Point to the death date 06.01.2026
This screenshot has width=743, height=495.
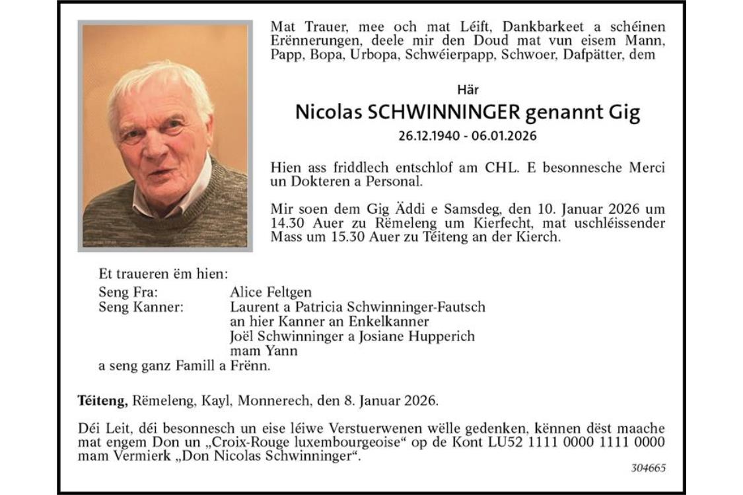tap(506, 137)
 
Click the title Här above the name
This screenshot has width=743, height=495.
tap(468, 89)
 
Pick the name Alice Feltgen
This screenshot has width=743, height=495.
tap(271, 292)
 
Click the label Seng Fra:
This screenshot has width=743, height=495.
tap(128, 292)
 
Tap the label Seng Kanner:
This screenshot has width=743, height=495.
tap(141, 307)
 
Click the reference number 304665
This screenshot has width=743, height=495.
tap(648, 468)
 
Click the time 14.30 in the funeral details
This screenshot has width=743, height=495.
tap(288, 223)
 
